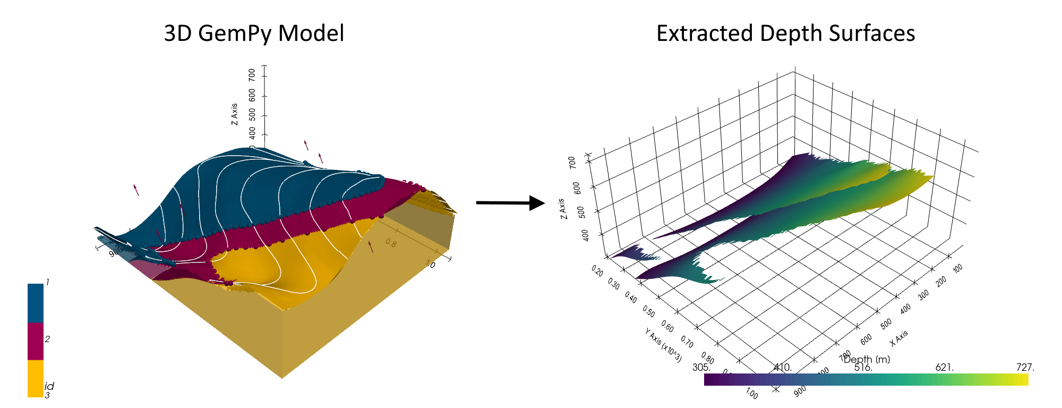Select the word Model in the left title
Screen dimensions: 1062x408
[312, 33]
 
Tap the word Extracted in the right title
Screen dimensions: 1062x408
[704, 33]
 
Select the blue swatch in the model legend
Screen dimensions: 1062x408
[36, 303]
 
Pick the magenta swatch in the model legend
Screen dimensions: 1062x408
[36, 342]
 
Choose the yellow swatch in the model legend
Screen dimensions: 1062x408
[36, 378]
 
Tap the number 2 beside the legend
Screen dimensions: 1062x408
[48, 339]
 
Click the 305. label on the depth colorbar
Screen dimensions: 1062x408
[701, 367]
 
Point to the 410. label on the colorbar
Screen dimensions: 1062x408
[783, 367]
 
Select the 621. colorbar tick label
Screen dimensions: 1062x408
[945, 367]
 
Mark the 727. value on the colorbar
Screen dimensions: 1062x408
[1025, 367]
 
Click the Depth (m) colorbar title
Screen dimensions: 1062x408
[866, 360]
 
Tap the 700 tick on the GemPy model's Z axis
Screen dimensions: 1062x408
[252, 74]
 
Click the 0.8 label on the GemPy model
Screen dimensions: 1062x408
[391, 243]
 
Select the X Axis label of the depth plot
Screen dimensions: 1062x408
[899, 338]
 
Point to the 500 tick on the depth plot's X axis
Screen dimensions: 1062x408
[886, 323]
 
